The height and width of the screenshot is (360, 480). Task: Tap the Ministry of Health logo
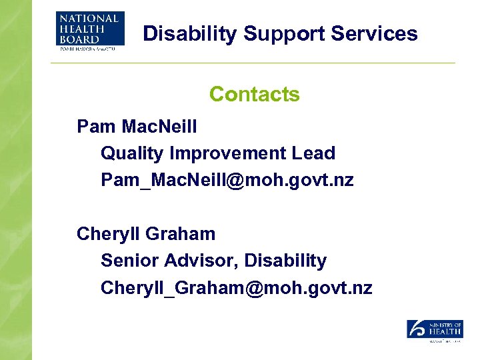[435, 330]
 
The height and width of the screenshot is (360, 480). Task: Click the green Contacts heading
[254, 94]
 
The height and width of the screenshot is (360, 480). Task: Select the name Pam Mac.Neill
[137, 126]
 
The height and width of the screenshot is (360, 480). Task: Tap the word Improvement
[227, 153]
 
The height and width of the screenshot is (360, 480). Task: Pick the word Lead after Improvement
[313, 153]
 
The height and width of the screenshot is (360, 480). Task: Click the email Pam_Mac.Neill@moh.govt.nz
[227, 180]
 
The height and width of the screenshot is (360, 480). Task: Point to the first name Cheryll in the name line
[108, 234]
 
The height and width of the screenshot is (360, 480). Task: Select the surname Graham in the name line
[180, 234]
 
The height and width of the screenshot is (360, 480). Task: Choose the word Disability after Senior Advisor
[285, 261]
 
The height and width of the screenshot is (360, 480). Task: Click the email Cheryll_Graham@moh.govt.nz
[236, 288]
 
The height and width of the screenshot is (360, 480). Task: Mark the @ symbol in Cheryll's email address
[256, 288]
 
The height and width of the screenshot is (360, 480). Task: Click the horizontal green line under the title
[253, 63]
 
